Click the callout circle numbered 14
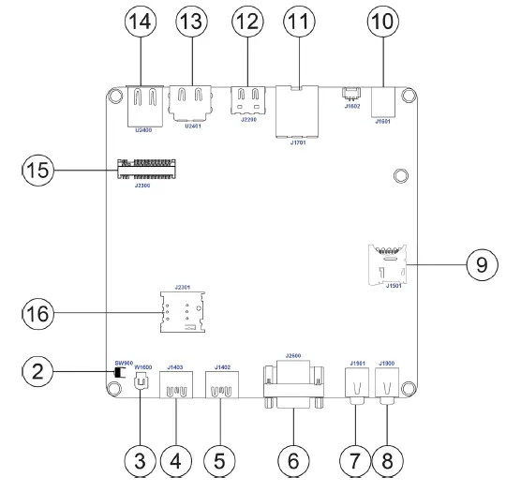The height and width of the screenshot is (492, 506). pyautogui.click(x=141, y=22)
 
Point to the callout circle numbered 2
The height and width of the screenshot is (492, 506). pyautogui.click(x=37, y=374)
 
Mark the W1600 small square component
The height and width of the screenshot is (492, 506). pyautogui.click(x=141, y=381)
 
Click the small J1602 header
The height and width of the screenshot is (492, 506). pyautogui.click(x=350, y=93)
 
